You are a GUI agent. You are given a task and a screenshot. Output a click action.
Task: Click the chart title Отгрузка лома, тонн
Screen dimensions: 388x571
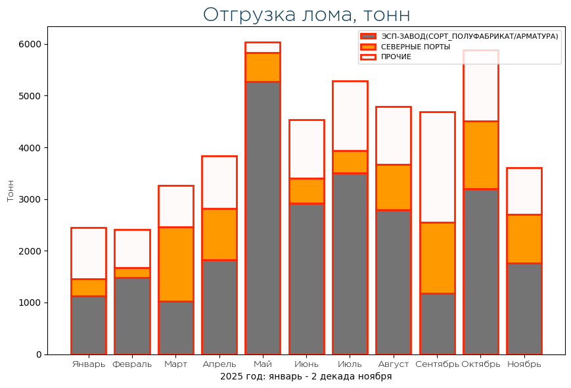(x=306, y=14)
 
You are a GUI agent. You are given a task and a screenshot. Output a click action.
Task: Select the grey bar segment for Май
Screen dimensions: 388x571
(x=263, y=217)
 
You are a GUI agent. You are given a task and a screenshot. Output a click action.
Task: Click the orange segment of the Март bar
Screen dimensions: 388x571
(x=176, y=264)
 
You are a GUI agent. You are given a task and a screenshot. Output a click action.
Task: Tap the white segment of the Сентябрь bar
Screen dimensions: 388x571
(x=437, y=167)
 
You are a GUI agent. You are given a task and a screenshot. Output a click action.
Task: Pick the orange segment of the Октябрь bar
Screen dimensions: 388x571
(x=480, y=155)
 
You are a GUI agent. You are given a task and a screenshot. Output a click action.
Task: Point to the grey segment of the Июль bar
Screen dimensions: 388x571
(x=350, y=263)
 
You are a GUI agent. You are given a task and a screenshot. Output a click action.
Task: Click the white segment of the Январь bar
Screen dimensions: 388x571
(x=89, y=253)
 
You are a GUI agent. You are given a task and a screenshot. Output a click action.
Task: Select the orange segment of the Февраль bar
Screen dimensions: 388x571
(x=132, y=272)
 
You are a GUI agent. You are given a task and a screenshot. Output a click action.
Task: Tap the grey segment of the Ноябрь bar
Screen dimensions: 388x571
(x=524, y=308)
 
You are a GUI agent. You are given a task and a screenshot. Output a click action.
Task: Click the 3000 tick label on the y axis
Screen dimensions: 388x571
(x=34, y=199)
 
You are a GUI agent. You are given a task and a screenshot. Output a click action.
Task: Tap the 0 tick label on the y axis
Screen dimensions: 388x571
(x=39, y=354)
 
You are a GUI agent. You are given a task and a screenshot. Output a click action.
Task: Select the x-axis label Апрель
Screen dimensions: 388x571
(x=219, y=364)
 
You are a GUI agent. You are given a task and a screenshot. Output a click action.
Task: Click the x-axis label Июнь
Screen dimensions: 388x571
(x=307, y=364)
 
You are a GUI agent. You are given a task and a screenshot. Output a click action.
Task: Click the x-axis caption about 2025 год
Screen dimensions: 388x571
(x=306, y=377)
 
